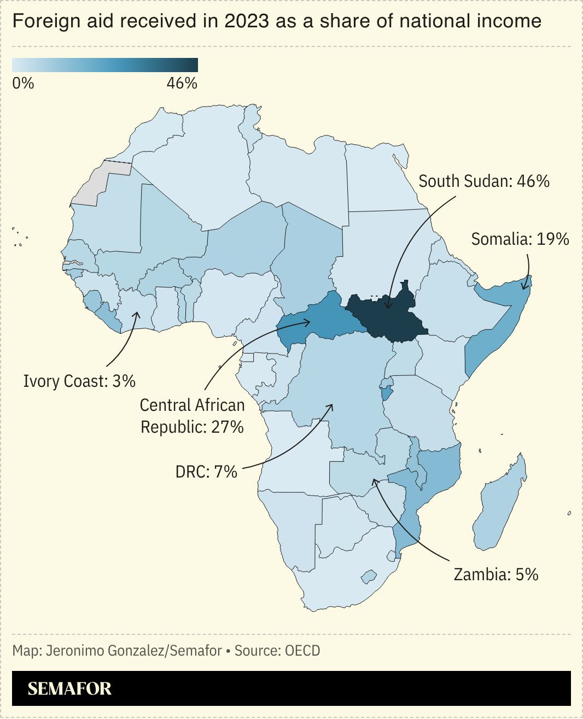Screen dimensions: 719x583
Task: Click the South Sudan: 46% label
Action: (483, 181)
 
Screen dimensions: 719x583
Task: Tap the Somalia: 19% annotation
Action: (520, 239)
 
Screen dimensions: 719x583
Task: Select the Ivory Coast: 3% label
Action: (79, 381)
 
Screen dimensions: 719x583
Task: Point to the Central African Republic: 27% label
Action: (192, 416)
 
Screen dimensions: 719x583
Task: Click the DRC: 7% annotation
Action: (206, 472)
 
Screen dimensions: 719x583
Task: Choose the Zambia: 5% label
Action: (495, 575)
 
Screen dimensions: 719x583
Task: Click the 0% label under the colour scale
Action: (23, 84)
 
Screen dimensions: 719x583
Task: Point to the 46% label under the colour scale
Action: (182, 84)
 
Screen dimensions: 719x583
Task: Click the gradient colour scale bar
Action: (105, 65)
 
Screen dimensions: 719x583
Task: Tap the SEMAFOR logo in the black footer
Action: (69, 688)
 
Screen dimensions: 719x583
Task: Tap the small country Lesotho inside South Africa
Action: (369, 576)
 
